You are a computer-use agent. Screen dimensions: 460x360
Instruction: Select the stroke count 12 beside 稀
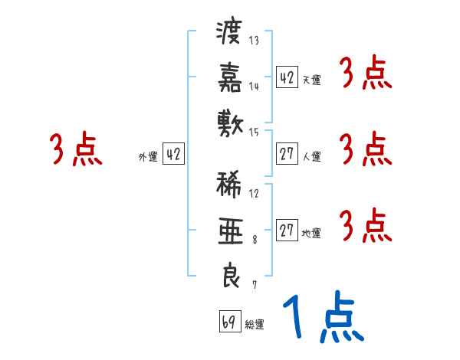[x=254, y=193]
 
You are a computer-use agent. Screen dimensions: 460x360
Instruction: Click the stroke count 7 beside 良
[x=254, y=285]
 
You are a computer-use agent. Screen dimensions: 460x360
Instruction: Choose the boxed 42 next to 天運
[x=287, y=77]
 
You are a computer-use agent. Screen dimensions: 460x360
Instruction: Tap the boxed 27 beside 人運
[x=287, y=155]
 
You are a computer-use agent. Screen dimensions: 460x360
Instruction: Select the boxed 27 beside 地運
[x=287, y=231]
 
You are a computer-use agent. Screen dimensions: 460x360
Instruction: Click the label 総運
[x=255, y=325]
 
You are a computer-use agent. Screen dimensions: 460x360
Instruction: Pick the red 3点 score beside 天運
[x=365, y=76]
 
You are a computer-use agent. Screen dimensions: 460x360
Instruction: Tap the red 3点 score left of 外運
[x=76, y=150]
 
